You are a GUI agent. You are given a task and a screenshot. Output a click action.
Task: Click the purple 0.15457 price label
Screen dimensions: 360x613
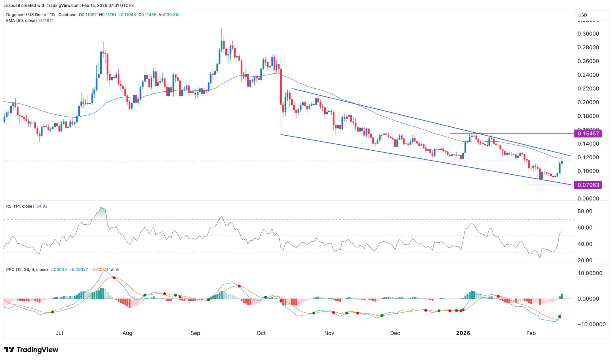point(588,134)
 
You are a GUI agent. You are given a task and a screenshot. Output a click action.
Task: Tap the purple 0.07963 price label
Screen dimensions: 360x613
point(588,185)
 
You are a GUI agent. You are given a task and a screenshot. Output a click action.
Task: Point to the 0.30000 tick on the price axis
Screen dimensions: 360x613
point(588,34)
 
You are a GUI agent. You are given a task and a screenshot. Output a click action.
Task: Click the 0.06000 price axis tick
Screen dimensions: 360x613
point(588,199)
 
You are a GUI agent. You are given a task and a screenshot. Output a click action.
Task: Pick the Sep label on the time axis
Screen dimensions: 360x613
point(195,333)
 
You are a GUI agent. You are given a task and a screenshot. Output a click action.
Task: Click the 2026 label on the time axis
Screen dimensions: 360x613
point(463,333)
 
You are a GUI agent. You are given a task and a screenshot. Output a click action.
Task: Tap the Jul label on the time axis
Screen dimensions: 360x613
point(59,333)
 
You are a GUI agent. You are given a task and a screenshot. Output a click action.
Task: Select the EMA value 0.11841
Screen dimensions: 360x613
point(46,21)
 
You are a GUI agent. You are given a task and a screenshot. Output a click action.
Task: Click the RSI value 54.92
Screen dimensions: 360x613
point(42,206)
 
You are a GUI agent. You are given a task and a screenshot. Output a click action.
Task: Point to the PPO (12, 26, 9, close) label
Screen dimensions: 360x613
point(27,270)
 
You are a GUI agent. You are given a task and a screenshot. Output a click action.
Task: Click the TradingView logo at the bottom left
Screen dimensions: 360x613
point(31,350)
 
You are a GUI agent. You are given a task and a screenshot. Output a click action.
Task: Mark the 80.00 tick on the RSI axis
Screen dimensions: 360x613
point(585,211)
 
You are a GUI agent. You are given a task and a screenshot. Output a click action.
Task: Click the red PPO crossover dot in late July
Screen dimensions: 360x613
point(114,278)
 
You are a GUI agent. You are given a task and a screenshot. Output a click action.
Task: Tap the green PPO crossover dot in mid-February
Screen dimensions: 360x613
point(559,317)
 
